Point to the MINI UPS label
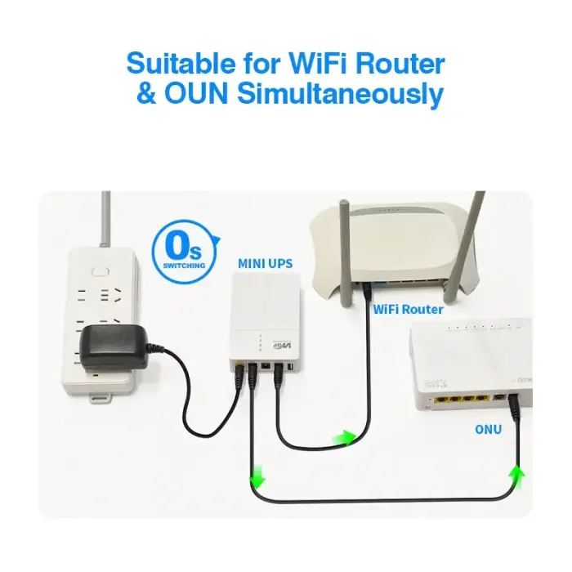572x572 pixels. pos(265,264)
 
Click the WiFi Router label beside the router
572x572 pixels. pos(408,310)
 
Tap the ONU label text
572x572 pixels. pos(488,429)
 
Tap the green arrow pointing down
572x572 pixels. pos(258,476)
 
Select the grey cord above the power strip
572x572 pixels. pos(105,217)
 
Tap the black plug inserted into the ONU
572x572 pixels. pos(516,405)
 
